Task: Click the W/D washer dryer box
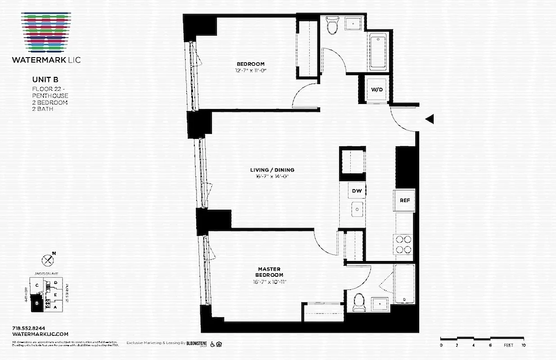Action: pyautogui.click(x=377, y=90)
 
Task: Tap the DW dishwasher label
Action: pyautogui.click(x=357, y=191)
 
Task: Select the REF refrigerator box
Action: pyautogui.click(x=404, y=201)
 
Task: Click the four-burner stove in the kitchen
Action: pyautogui.click(x=404, y=244)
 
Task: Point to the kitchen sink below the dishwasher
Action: pyautogui.click(x=357, y=209)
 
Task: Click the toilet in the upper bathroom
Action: pyautogui.click(x=332, y=26)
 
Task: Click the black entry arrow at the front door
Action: pyautogui.click(x=430, y=119)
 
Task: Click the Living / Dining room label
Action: pyautogui.click(x=272, y=170)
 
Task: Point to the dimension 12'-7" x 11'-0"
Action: pyautogui.click(x=251, y=70)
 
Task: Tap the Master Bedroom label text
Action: pyautogui.click(x=269, y=272)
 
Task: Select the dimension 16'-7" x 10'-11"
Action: pyautogui.click(x=269, y=282)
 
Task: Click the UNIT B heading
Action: pyautogui.click(x=42, y=79)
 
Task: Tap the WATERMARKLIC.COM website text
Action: pyautogui.click(x=40, y=334)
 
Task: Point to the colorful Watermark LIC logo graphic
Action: pyautogui.click(x=47, y=31)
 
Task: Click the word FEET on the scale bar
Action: pyautogui.click(x=508, y=345)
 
